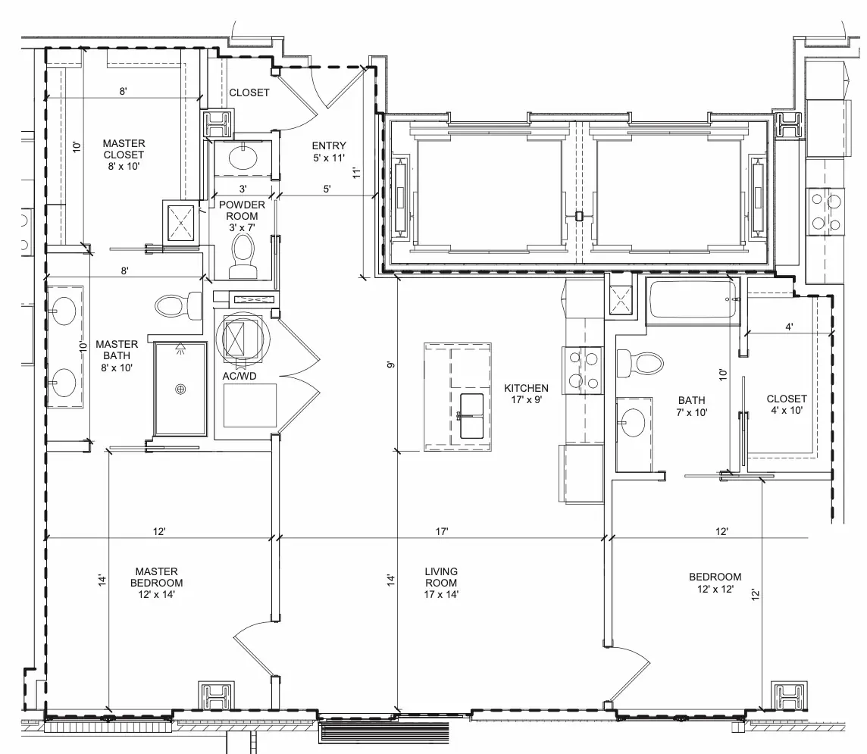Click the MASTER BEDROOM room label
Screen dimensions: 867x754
click(156, 583)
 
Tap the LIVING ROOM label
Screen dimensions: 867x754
click(441, 583)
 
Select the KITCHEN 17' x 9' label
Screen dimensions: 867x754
click(527, 393)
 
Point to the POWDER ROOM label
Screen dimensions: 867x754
click(243, 215)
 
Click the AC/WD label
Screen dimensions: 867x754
click(239, 376)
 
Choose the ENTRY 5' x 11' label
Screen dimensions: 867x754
click(329, 152)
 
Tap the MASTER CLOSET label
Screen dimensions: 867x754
click(124, 155)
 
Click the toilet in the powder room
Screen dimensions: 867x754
click(243, 256)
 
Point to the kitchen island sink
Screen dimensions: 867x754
click(471, 416)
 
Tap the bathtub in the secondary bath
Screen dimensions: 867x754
click(693, 299)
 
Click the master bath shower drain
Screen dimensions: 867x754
click(180, 390)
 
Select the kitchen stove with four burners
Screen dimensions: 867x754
click(582, 370)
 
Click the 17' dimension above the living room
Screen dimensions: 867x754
click(441, 531)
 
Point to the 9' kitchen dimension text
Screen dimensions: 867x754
click(390, 364)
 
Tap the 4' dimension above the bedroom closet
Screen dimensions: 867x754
click(789, 327)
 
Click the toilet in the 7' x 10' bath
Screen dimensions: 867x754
click(640, 363)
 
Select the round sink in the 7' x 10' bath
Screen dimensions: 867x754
click(631, 424)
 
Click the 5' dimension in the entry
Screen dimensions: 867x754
click(327, 189)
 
